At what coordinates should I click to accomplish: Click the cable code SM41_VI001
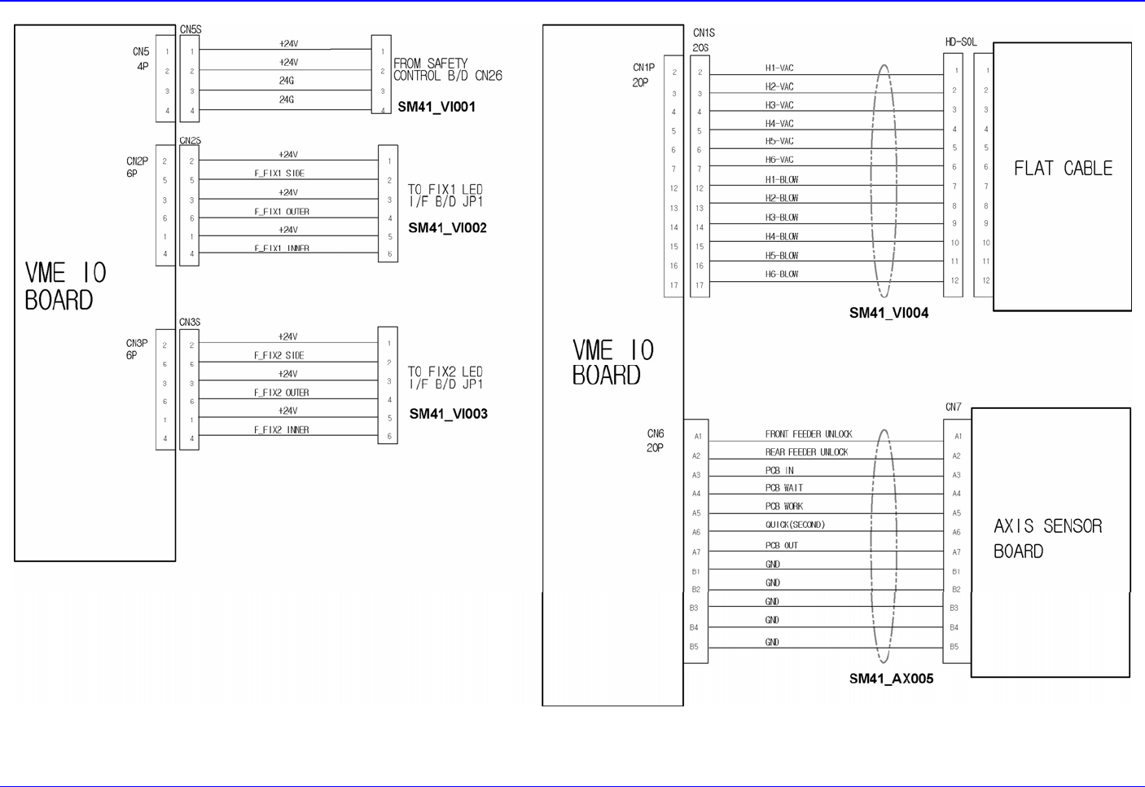[437, 107]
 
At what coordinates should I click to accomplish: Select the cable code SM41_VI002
[447, 228]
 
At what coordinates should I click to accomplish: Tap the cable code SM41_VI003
[448, 414]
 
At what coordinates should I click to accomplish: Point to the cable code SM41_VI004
[888, 313]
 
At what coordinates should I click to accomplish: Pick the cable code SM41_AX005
[891, 679]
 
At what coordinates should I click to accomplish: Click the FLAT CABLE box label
[1063, 169]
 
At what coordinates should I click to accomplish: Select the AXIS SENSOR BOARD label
[1047, 539]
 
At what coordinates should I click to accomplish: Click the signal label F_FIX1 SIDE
[279, 174]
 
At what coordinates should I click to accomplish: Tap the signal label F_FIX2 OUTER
[282, 393]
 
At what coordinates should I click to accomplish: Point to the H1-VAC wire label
[779, 68]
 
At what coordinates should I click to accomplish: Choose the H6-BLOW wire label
[782, 275]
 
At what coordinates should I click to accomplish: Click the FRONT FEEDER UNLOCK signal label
[808, 434]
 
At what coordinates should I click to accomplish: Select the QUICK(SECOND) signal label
[795, 525]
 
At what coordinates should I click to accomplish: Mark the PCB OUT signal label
[781, 545]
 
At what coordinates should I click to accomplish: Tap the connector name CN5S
[191, 29]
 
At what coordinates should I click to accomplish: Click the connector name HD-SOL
[961, 42]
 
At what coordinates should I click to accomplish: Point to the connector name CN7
[953, 407]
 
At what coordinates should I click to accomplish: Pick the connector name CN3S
[190, 323]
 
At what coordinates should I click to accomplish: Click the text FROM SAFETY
[431, 64]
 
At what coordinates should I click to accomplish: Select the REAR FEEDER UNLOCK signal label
[806, 452]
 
